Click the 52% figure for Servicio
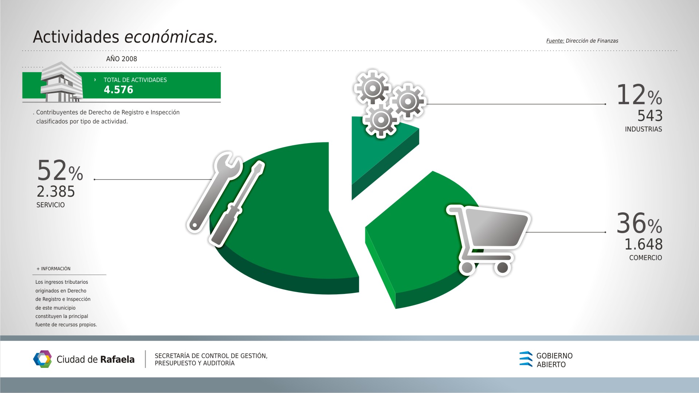[x=60, y=170]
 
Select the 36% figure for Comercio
[x=639, y=223]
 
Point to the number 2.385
[x=56, y=192]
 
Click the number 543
[x=650, y=116]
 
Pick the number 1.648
[x=644, y=244]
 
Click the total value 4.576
[x=118, y=90]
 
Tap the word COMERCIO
[x=645, y=258]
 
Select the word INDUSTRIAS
[x=643, y=129]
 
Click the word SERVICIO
[x=51, y=205]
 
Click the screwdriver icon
[x=236, y=203]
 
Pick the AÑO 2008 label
[x=122, y=59]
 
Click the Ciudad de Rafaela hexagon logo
[x=42, y=359]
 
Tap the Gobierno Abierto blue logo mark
[x=526, y=359]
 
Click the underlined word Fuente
[x=555, y=41]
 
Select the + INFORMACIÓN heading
[x=54, y=269]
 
